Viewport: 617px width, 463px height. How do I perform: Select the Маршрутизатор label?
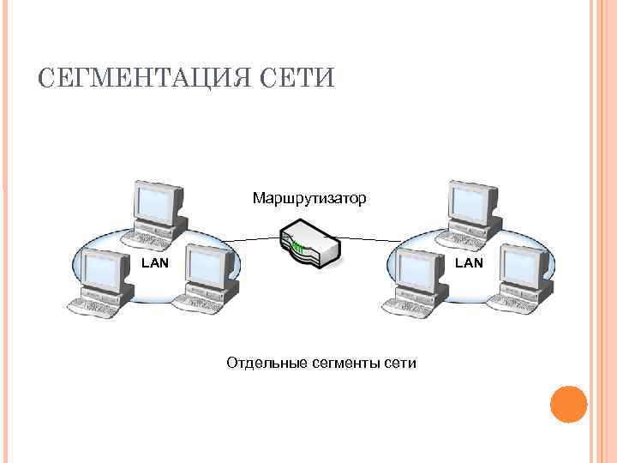pyautogui.click(x=309, y=199)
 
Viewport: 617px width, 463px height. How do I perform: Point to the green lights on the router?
pyautogui.click(x=297, y=249)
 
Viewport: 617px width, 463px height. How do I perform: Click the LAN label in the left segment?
pyautogui.click(x=154, y=263)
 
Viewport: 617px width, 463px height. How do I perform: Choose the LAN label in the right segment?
pyautogui.click(x=469, y=263)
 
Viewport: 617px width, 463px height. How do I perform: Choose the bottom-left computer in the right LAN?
pyautogui.click(x=417, y=279)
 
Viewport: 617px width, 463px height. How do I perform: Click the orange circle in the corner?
pyautogui.click(x=567, y=404)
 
